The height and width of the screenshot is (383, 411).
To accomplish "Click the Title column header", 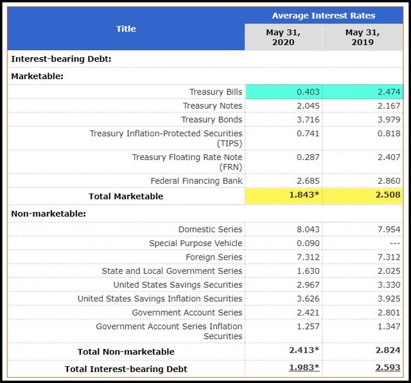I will click(x=126, y=29).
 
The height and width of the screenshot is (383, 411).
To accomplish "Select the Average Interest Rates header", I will click(x=324, y=15).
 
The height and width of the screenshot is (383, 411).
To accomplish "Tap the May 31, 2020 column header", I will click(x=283, y=37).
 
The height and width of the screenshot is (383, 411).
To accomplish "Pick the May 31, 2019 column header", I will click(x=363, y=37).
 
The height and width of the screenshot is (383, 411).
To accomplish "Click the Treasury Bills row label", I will click(x=216, y=92).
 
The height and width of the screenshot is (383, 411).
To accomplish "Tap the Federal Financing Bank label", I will click(x=197, y=181).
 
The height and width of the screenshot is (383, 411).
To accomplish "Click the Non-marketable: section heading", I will click(x=49, y=213).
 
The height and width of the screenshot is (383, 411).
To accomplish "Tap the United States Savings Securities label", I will click(x=178, y=285).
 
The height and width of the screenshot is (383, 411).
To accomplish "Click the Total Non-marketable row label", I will click(x=126, y=352).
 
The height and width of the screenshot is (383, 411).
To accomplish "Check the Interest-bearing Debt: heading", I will click(x=61, y=59).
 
